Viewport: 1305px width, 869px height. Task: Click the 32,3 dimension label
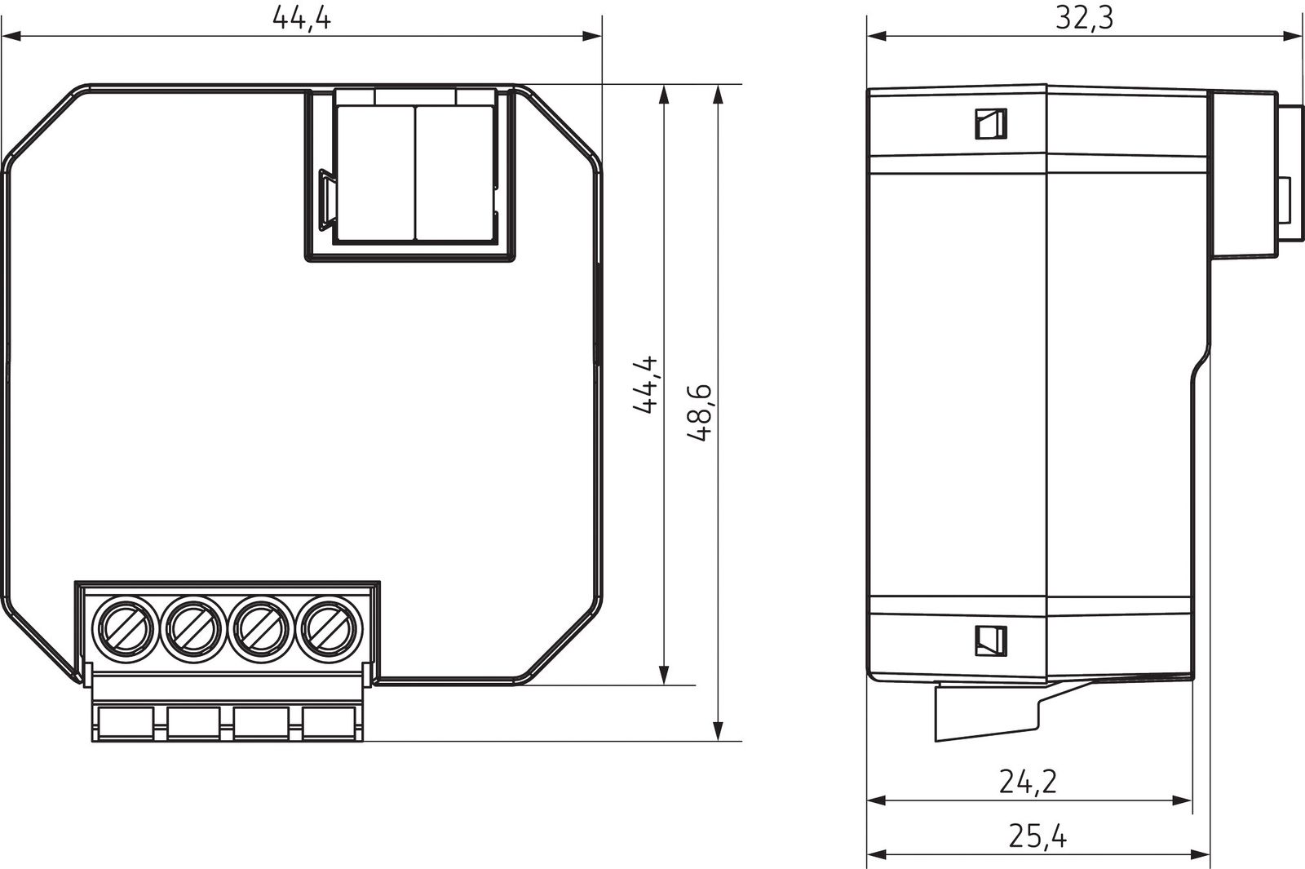[x=1084, y=18]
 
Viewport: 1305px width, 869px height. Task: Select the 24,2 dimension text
[x=1028, y=782]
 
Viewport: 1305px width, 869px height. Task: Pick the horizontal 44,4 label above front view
[x=301, y=18]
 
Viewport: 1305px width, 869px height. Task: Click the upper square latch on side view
[x=990, y=124]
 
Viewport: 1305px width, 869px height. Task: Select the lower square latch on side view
[x=990, y=641]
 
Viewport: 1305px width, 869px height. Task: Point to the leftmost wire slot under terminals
[x=125, y=723]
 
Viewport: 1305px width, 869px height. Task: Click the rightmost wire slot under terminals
[x=329, y=723]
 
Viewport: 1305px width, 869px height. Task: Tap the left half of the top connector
[x=376, y=171]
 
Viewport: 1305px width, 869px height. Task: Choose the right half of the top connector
[x=455, y=171]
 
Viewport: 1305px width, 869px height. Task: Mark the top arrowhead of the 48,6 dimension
[x=718, y=94]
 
